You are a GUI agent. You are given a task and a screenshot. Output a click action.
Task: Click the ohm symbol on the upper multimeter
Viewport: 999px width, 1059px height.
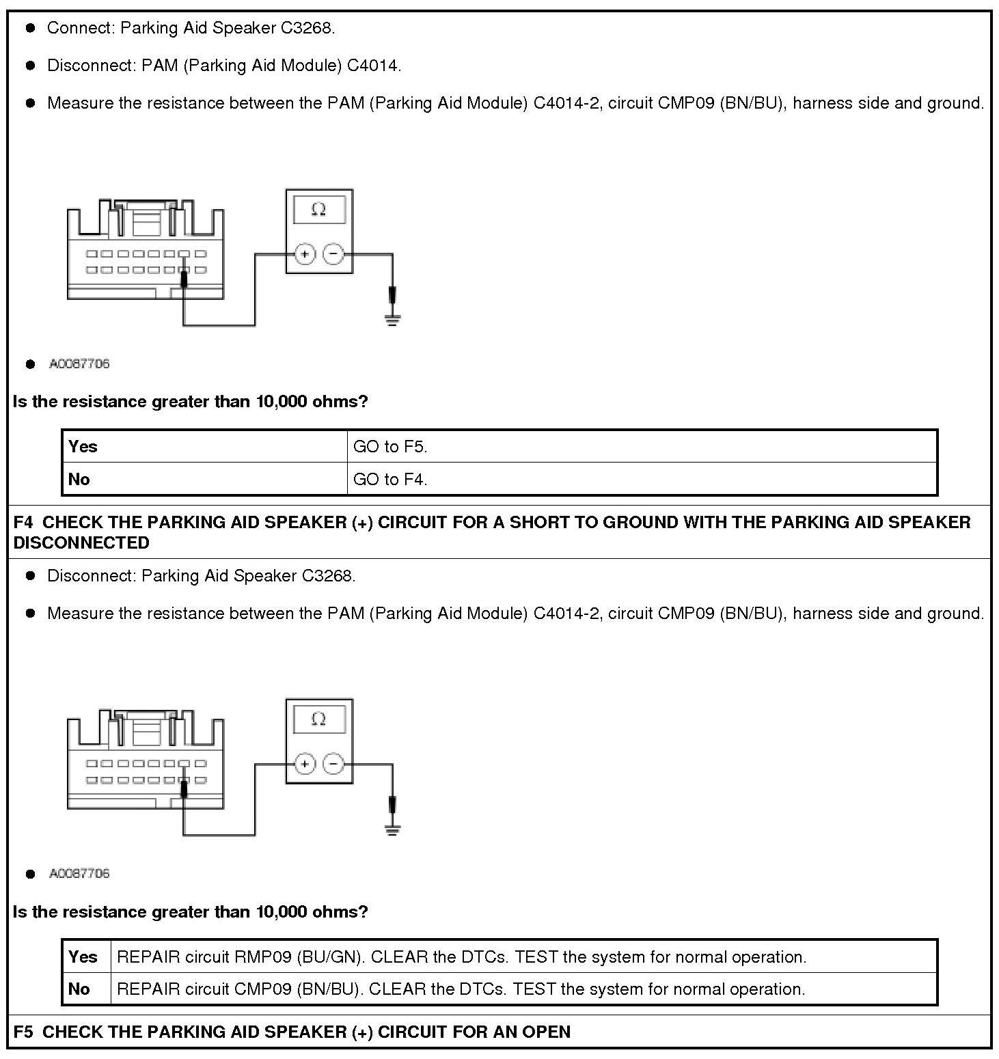click(x=318, y=209)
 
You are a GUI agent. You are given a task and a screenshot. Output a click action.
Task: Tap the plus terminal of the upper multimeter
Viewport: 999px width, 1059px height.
click(x=305, y=255)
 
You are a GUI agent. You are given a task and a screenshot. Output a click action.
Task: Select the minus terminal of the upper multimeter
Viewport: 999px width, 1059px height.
click(x=333, y=255)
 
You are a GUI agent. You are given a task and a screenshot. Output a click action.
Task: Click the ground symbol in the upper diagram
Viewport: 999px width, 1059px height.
click(x=392, y=319)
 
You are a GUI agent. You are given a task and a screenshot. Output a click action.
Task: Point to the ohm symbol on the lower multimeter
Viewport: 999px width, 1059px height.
click(x=318, y=719)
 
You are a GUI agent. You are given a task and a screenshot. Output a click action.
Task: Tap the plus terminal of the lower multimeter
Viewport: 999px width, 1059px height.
click(x=305, y=764)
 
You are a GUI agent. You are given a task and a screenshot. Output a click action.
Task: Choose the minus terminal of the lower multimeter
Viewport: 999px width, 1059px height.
click(x=333, y=764)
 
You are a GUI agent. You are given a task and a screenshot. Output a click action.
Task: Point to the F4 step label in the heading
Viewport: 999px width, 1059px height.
click(x=23, y=523)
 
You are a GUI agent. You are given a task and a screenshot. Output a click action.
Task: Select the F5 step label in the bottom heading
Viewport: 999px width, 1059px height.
click(x=23, y=1032)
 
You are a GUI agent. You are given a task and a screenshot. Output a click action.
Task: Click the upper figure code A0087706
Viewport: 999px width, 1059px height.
click(x=79, y=364)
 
